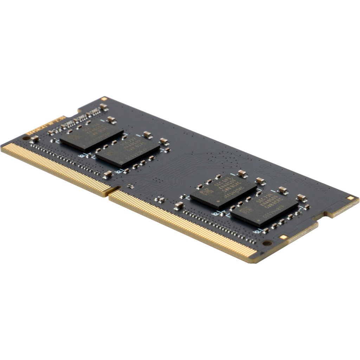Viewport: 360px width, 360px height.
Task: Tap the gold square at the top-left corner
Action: pyautogui.click(x=104, y=100)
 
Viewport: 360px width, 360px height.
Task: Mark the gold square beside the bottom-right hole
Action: pyautogui.click(x=283, y=237)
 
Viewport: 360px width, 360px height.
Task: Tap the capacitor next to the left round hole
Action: pyautogui.click(x=34, y=139)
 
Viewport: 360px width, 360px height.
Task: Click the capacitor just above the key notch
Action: pyautogui.click(x=108, y=174)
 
